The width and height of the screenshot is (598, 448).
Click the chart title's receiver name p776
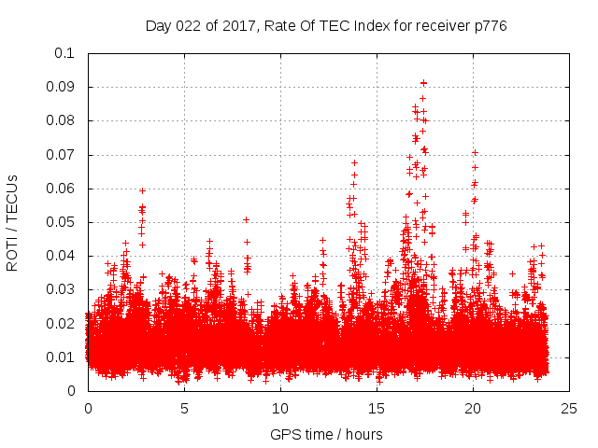[x=489, y=26]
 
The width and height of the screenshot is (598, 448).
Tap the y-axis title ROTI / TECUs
[x=12, y=222]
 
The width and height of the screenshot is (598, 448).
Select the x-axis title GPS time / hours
[x=327, y=434]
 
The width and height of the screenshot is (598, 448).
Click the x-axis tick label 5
[x=184, y=408]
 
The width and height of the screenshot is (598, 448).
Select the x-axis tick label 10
[x=280, y=408]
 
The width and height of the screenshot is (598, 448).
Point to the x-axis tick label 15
[x=377, y=408]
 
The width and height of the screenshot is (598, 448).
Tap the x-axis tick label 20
[x=474, y=408]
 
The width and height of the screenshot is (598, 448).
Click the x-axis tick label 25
[x=570, y=408]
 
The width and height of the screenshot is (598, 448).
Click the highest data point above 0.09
[x=423, y=82]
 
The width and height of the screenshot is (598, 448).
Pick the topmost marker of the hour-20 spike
[x=475, y=152]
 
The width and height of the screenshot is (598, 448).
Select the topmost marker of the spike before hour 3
[x=142, y=190]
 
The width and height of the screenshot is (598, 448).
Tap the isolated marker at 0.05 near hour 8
[x=246, y=219]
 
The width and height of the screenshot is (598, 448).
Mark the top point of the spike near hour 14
[x=354, y=162]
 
